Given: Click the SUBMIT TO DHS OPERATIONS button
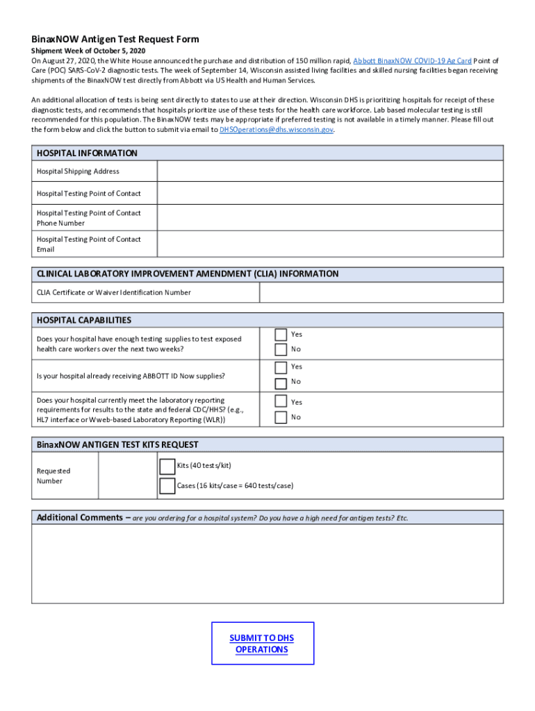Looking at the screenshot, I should point(262,644).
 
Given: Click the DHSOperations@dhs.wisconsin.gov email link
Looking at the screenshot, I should point(276,130).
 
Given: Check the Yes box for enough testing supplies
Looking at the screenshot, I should point(281,335).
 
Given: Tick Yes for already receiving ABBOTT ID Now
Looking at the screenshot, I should point(281,367).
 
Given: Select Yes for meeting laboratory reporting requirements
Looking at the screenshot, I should point(281,401).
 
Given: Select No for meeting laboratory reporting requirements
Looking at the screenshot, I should point(281,417).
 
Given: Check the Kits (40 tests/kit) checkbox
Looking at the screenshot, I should point(167,466).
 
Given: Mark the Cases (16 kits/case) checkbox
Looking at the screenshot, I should point(167,486).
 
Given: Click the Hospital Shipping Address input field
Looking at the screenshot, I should point(330,172).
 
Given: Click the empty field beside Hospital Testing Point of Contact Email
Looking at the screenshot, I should point(330,244).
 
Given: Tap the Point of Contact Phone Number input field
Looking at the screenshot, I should point(330,218).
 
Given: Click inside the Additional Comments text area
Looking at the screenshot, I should point(267,564).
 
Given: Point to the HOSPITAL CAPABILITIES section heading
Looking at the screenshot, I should point(84,320).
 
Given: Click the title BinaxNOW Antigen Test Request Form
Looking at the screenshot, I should point(115,40).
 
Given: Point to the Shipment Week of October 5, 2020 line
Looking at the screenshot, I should point(88,51).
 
